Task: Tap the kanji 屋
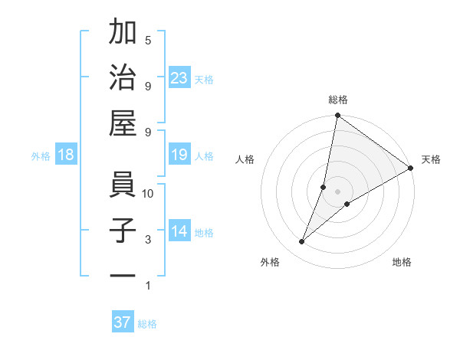[123, 123]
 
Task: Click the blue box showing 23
[179, 77]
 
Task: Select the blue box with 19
[179, 155]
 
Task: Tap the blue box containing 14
[179, 232]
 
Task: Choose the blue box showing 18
[66, 155]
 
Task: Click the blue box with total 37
[123, 322]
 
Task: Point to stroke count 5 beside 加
[148, 40]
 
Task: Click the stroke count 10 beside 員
[148, 193]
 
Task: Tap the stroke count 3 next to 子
[148, 240]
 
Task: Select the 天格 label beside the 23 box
[204, 78]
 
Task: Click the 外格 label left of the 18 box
[41, 156]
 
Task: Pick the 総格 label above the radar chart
[338, 100]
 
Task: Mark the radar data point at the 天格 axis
[411, 168]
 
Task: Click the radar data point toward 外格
[302, 242]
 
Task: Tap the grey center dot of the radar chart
[337, 191]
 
